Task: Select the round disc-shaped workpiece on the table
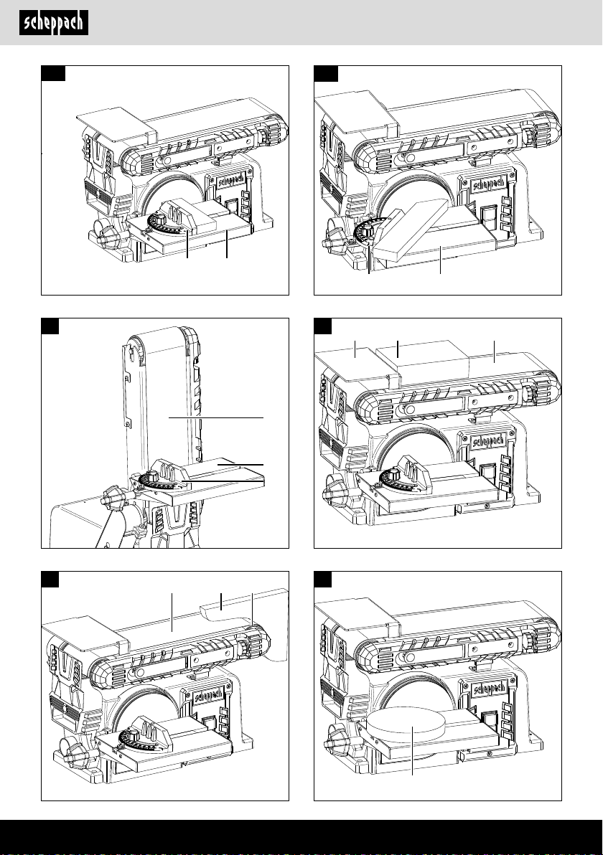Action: click(x=406, y=721)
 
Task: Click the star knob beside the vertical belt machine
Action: click(x=112, y=498)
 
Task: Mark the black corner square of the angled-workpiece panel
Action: click(x=326, y=74)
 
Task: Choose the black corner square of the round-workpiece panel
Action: click(x=323, y=579)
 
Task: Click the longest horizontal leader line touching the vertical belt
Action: click(x=216, y=417)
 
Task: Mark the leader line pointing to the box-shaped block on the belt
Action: click(x=398, y=349)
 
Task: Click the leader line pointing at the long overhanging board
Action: click(x=221, y=600)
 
